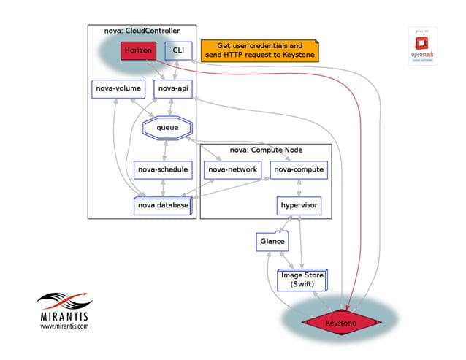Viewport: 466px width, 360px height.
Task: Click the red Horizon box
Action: click(137, 51)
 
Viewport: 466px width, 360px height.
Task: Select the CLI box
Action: click(177, 51)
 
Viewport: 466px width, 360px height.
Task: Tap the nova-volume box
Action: click(118, 89)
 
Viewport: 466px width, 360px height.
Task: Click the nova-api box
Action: click(172, 89)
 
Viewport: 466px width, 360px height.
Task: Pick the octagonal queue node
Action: click(167, 128)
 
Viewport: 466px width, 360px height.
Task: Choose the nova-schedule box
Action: click(163, 169)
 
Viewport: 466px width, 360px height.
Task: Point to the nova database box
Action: click(162, 206)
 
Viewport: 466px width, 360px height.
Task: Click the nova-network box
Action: click(232, 169)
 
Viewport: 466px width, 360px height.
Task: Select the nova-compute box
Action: click(298, 169)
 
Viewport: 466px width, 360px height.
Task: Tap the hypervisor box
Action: click(299, 206)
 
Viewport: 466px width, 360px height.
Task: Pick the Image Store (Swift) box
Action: click(302, 280)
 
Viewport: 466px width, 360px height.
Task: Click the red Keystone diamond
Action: click(340, 322)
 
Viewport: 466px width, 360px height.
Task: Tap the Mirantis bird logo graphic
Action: click(64, 299)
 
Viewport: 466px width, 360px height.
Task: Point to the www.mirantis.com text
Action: click(64, 327)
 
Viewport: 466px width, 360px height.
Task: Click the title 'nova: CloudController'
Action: click(142, 31)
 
